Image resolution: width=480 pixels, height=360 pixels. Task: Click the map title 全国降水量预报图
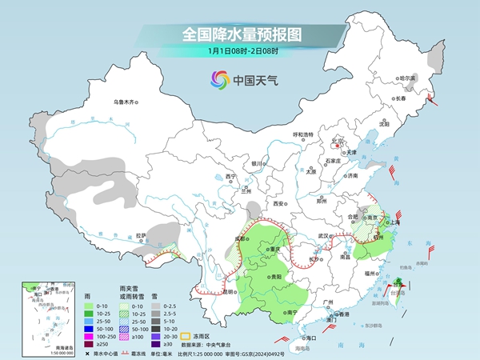tap(240, 35)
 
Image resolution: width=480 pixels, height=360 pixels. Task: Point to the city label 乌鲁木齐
tap(125, 102)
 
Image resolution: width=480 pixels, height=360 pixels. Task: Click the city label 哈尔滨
tap(408, 78)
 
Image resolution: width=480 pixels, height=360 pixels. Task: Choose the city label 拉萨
tap(142, 234)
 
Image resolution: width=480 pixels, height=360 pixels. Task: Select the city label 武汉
tap(323, 235)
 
